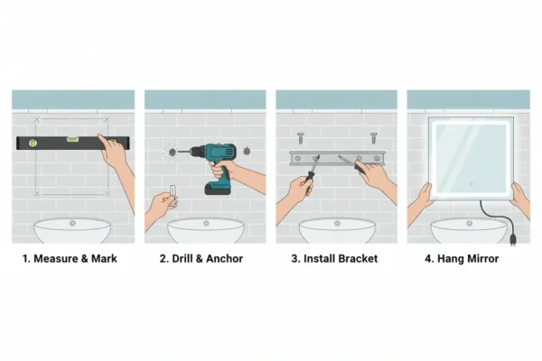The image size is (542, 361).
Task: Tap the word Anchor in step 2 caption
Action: [x=225, y=259]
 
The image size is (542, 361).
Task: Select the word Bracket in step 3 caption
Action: [x=358, y=259]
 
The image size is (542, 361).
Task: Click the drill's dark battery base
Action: [x=218, y=189]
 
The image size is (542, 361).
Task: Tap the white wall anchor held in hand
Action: [x=173, y=195]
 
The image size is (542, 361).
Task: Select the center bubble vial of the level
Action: [x=72, y=139]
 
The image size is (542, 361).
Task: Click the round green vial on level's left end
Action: [x=33, y=143]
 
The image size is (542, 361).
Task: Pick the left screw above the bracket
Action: [x=301, y=138]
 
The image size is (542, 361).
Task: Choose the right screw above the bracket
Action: [x=374, y=138]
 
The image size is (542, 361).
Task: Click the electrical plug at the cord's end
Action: [x=513, y=239]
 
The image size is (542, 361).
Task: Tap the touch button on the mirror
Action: [x=471, y=184]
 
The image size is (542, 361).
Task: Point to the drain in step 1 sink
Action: [x=72, y=223]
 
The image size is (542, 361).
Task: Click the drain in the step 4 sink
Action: [x=469, y=223]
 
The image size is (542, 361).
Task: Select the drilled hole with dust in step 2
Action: [x=173, y=152]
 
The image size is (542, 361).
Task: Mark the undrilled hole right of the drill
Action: [x=247, y=151]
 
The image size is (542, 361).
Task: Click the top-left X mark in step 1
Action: [x=37, y=120]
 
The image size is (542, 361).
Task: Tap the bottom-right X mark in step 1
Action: [x=107, y=194]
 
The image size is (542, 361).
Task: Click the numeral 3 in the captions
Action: [x=294, y=259]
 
